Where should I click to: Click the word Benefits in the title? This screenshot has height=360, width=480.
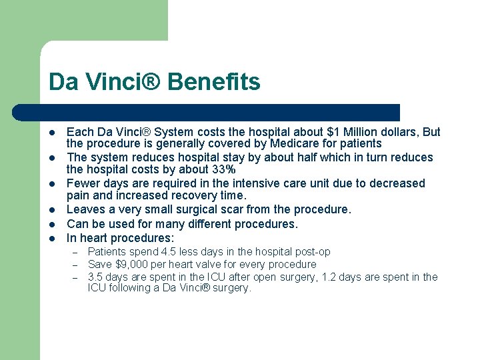click(x=214, y=82)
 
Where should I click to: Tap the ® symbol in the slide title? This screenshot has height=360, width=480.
click(x=155, y=82)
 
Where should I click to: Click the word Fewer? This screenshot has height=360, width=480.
click(x=83, y=183)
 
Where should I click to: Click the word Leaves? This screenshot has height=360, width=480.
click(x=85, y=209)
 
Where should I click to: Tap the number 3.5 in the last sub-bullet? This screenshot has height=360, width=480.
click(x=97, y=277)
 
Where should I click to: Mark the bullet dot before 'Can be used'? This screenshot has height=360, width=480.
click(x=53, y=225)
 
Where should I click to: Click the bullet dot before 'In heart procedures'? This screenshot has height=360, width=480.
click(x=53, y=239)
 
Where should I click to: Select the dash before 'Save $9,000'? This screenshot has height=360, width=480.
click(x=76, y=265)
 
